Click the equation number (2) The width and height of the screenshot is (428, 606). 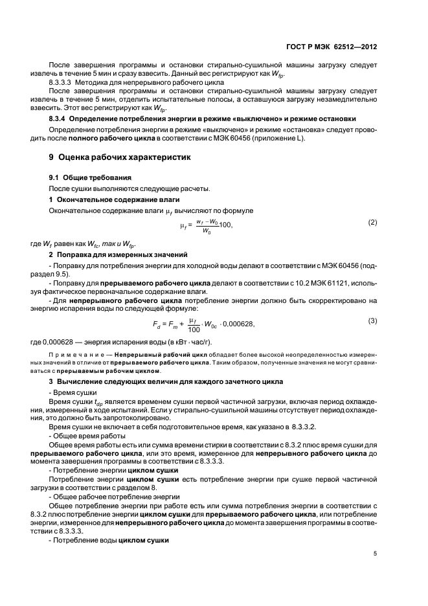(x=372, y=223)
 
